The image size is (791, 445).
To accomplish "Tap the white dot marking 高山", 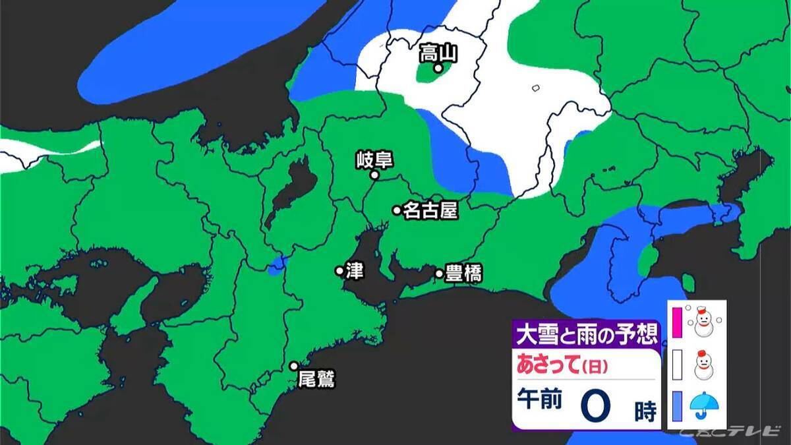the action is [437, 67].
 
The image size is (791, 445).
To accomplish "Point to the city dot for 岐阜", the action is [374, 175].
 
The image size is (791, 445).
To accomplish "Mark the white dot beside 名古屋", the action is [397, 210].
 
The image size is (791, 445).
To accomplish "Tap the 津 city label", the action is [355, 271].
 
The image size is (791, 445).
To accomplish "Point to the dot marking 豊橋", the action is [439, 273].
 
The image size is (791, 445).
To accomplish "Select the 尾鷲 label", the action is [316, 380].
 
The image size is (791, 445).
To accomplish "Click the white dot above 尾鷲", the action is [294, 366].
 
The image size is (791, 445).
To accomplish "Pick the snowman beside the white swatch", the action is [703, 363].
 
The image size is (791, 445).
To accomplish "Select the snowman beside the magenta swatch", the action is [703, 320].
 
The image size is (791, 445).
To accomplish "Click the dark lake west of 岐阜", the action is [287, 194].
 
